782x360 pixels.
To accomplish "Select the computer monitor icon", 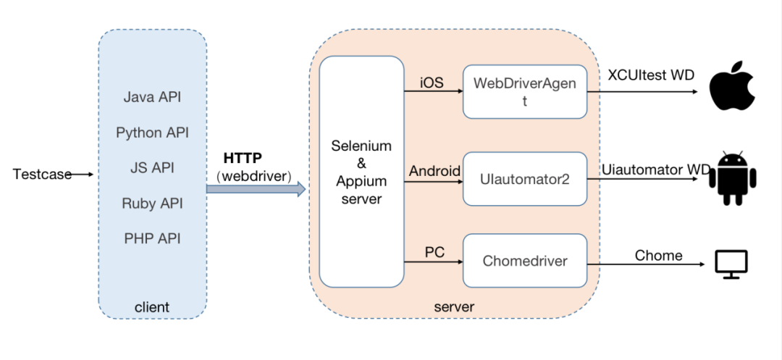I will click(x=731, y=264).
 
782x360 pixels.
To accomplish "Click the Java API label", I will click(x=152, y=97).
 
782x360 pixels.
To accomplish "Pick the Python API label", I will click(x=152, y=133).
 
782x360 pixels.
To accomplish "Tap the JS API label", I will click(x=152, y=168).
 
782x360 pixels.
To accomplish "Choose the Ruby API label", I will click(x=152, y=204).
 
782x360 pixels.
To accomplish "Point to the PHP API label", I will click(x=152, y=238).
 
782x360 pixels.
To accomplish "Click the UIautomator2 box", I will click(x=525, y=178).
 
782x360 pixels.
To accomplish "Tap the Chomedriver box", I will click(x=525, y=261).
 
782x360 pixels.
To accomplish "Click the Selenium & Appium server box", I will click(x=361, y=172).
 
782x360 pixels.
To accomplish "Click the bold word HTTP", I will click(x=243, y=158).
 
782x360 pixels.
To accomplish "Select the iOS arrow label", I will click(x=433, y=83).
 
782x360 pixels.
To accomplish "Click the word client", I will click(x=152, y=307).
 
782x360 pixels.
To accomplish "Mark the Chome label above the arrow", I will click(x=658, y=255).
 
